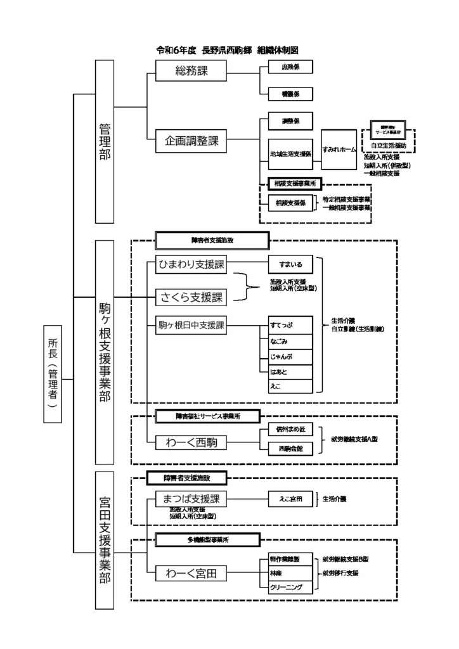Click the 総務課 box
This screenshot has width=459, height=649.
tap(191, 72)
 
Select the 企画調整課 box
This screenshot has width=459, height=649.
tap(191, 141)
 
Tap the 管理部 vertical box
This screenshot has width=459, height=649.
tap(105, 141)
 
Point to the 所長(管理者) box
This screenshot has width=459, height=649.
tap(54, 373)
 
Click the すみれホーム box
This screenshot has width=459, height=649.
tap(339, 150)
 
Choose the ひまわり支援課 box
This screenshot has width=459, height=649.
tap(191, 265)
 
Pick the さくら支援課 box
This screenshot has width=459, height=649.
tap(191, 296)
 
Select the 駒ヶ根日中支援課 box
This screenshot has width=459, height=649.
tap(191, 326)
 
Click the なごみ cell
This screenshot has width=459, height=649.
tap(290, 341)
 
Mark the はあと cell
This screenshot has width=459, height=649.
tap(290, 371)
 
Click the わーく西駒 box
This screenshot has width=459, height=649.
tap(191, 442)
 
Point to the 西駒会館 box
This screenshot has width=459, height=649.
tap(290, 448)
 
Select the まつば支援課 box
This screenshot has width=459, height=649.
tap(191, 499)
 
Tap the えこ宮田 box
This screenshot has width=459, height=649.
tap(290, 499)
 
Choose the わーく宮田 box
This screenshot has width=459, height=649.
tap(191, 574)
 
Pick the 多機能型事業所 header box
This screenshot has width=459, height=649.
tap(208, 540)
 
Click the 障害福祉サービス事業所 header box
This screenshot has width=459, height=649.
tap(208, 416)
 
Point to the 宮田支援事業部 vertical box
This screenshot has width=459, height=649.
tap(105, 539)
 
